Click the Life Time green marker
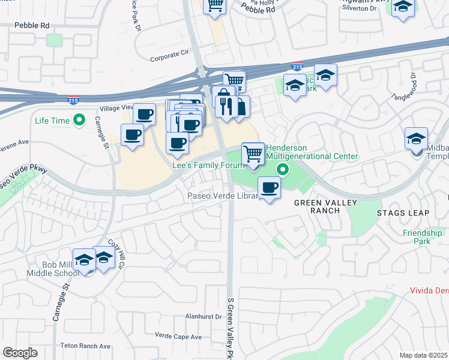pyautogui.click(x=79, y=121)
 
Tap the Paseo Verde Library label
pyautogui.click(x=223, y=196)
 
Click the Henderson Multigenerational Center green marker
pyautogui.click(x=279, y=171)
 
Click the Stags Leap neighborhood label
pyautogui.click(x=403, y=213)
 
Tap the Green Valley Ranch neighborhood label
pyautogui.click(x=325, y=207)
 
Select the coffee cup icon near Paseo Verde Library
pyautogui.click(x=269, y=188)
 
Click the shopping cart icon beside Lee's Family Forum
pyautogui.click(x=253, y=154)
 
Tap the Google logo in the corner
pyautogui.click(x=20, y=353)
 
